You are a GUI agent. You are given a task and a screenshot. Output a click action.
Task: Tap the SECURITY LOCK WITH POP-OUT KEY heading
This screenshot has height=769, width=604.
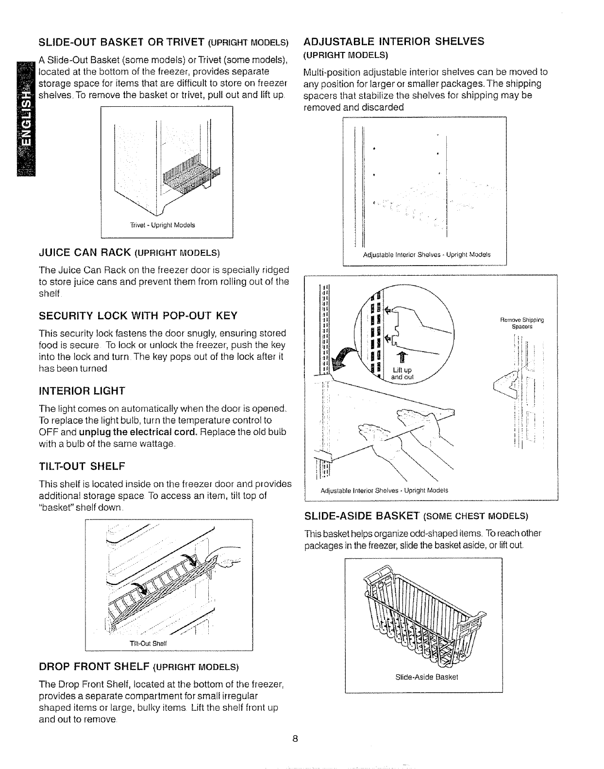point(138,316)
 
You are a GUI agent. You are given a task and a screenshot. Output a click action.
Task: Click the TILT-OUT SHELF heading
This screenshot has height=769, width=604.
point(82,467)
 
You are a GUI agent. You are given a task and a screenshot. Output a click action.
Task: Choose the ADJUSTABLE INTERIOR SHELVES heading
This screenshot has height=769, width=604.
point(393,41)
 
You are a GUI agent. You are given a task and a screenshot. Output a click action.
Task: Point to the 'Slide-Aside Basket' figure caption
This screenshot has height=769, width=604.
point(423,677)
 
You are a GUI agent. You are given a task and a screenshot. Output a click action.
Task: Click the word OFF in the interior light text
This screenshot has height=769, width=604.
point(48,432)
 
